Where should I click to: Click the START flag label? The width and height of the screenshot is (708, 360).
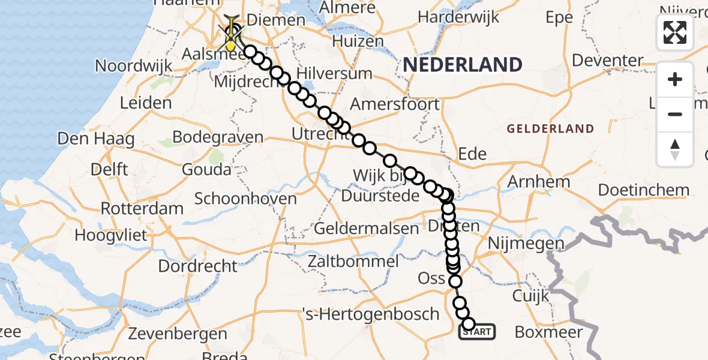(x=478, y=331)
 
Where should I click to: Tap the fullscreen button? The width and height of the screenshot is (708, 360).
(x=675, y=32)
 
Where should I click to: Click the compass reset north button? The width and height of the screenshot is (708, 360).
(x=675, y=149)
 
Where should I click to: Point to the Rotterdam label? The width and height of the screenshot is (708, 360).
(x=142, y=209)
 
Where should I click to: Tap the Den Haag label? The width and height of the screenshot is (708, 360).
(x=95, y=139)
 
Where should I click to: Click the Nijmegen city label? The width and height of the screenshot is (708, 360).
(x=526, y=243)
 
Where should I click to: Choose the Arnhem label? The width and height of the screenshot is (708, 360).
(x=539, y=181)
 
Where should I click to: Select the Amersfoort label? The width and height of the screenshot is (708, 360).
(x=394, y=103)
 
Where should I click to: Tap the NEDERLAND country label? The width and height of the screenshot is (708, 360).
(x=462, y=64)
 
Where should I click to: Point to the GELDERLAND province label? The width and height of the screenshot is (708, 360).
(x=550, y=128)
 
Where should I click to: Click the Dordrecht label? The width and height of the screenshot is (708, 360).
(x=198, y=265)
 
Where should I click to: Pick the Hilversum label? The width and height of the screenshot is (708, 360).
(x=341, y=74)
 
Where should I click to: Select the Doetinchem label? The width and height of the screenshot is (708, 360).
(x=644, y=190)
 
